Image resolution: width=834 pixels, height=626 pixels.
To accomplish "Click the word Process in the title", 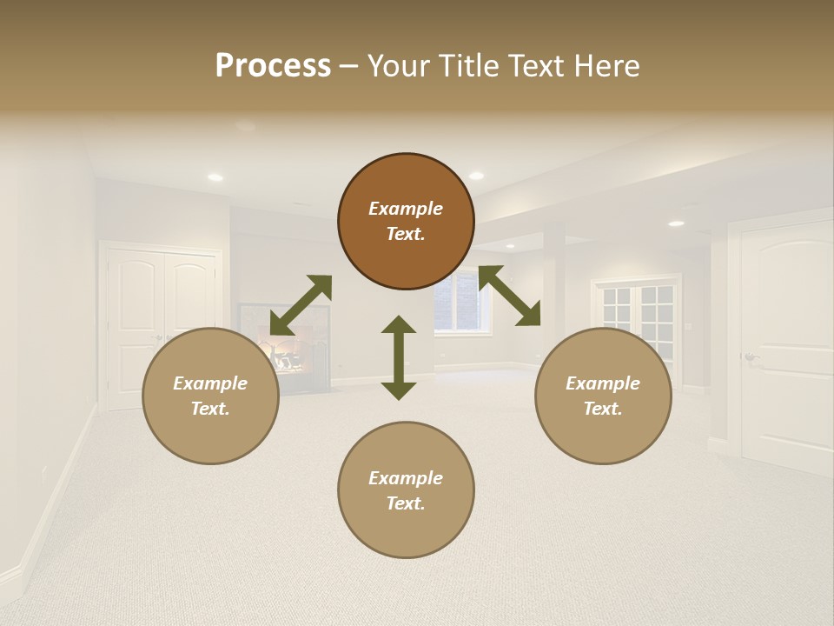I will click(273, 66).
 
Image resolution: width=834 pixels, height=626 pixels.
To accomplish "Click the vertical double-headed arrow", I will click(399, 357).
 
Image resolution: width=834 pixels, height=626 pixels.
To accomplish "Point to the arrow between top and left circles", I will click(301, 305).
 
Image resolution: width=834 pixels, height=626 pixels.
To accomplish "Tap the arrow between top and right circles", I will click(510, 296).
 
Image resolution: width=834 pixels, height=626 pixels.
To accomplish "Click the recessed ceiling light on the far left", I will click(215, 177).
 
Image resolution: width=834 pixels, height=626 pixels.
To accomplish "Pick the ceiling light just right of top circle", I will click(476, 176).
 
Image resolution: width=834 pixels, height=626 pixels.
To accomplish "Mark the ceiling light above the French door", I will click(676, 223).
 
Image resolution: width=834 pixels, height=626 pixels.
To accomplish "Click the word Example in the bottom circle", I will click(406, 478).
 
